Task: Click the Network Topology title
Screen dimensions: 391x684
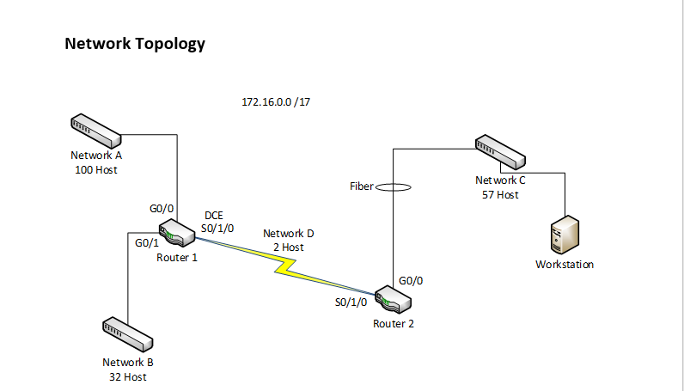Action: tap(135, 44)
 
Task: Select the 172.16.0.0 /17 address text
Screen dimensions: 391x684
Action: tap(276, 102)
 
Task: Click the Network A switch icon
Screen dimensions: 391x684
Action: tap(95, 130)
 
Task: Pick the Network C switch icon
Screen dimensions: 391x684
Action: tap(499, 152)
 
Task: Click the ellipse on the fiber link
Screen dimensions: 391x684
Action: tap(393, 186)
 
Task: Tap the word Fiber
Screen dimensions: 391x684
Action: tap(361, 186)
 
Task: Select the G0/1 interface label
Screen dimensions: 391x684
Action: tap(148, 243)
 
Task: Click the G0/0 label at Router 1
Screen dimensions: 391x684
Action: tap(162, 208)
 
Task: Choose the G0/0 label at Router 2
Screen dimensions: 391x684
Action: tap(411, 280)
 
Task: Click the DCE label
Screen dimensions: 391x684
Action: tap(212, 215)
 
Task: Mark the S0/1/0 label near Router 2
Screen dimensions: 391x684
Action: tap(351, 302)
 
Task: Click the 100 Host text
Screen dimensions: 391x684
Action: tap(95, 170)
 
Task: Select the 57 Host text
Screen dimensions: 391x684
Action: tap(500, 195)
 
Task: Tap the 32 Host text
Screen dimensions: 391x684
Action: tap(128, 376)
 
